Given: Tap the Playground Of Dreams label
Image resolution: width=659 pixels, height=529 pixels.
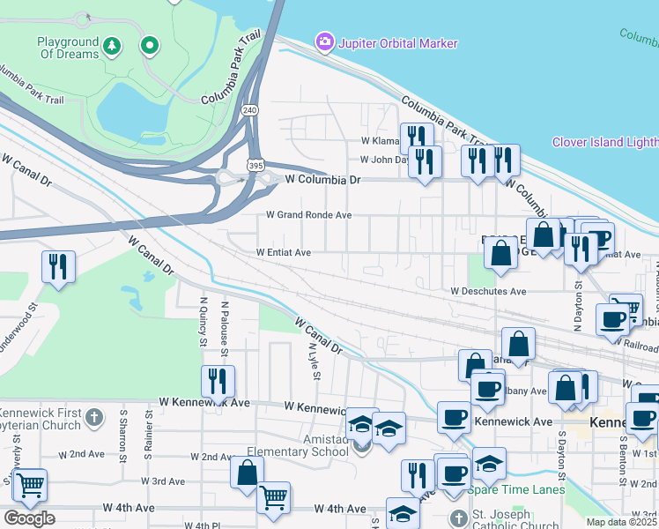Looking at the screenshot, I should [67, 48].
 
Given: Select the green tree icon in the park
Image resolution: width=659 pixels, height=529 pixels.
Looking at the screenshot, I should [112, 44].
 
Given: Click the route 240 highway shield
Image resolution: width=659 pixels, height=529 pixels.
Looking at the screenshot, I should [250, 109].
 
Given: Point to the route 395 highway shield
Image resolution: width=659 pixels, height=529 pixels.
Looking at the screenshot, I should [255, 165].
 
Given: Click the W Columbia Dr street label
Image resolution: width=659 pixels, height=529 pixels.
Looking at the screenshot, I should [323, 179].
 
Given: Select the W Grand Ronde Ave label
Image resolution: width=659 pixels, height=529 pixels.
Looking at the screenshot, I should [309, 215].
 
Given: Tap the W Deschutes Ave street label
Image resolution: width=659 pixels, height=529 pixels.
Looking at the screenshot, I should [488, 291].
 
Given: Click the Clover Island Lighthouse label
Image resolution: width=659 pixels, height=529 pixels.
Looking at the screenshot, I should [604, 142].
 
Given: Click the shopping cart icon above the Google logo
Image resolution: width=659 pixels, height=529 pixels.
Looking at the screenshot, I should [30, 483].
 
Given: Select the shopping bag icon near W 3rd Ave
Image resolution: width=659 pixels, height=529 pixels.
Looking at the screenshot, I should [247, 471].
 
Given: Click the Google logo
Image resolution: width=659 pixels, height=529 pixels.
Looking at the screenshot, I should [28, 518].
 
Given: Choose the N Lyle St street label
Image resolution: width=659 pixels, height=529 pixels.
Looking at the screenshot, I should [313, 356].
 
